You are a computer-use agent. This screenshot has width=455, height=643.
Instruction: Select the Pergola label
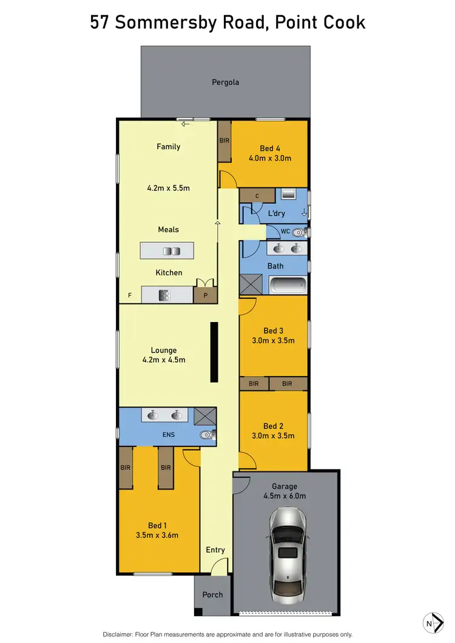pos(225,82)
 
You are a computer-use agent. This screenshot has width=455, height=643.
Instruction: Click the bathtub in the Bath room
pos(288,286)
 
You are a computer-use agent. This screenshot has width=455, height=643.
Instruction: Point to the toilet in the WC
pos(298,232)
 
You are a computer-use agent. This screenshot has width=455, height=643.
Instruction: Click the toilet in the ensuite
pos(207,434)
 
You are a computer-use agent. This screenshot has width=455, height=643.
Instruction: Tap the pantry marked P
pos(204,295)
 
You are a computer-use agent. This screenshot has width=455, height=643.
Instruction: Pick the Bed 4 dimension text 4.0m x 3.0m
pos(270,159)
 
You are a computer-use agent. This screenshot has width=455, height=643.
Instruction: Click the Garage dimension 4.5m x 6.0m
pos(285,496)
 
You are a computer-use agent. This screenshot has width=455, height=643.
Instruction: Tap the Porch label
pos(213,595)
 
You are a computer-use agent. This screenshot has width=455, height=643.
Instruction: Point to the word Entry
pos(215,550)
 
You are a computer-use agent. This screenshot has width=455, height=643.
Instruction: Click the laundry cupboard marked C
pos(257,195)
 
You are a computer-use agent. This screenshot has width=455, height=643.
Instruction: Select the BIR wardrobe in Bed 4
pos(224,141)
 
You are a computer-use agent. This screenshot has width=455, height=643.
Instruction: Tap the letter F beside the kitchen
pos(129,295)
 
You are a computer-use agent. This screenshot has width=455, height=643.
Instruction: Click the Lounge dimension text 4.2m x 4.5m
pos(164,360)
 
